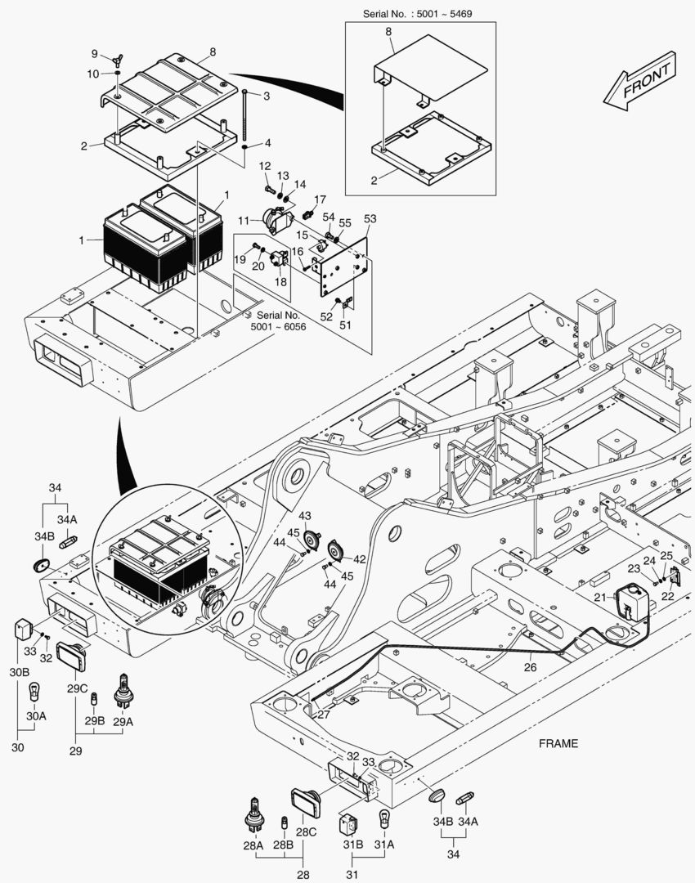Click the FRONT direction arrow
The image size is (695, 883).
pyautogui.click(x=639, y=79)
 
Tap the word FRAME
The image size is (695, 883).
pyautogui.click(x=558, y=743)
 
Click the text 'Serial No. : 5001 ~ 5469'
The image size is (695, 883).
pyautogui.click(x=422, y=14)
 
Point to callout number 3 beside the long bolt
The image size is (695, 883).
pyautogui.click(x=267, y=96)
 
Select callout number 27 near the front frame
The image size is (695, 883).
pyautogui.click(x=324, y=714)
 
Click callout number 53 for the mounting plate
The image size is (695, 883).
pyautogui.click(x=370, y=218)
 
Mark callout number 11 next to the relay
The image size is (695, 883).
pyautogui.click(x=243, y=221)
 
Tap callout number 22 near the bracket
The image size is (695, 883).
pyautogui.click(x=668, y=596)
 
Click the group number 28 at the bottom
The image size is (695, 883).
pyautogui.click(x=304, y=875)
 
